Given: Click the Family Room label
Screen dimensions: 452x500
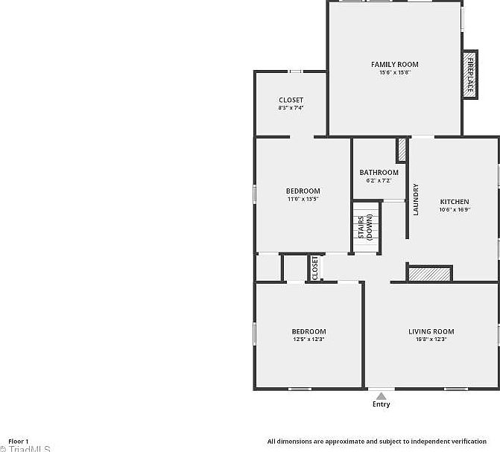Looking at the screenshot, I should coord(395,65).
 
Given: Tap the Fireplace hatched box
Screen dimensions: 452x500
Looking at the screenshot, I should coord(470,73).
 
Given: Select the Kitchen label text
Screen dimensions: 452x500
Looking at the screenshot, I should coord(454,202).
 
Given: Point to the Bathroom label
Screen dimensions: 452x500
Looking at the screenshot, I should coord(379,173).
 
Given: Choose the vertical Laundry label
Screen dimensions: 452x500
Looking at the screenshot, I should coord(416,200).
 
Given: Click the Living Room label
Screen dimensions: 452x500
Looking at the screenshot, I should coord(431,331).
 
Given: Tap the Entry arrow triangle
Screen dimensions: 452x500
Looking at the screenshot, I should coord(381,395).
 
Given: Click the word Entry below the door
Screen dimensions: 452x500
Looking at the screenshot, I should coord(381,404).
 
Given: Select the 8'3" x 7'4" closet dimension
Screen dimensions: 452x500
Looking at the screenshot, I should coord(291,108).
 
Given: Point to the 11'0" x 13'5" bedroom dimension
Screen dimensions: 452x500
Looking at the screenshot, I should coord(303,199).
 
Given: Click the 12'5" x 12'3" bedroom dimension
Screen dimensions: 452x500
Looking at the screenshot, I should coord(308,340).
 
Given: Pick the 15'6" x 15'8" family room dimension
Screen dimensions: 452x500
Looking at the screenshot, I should coord(395,72).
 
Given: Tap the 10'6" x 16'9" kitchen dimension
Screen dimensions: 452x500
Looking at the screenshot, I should coord(454,210).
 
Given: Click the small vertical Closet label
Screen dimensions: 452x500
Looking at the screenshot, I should coord(315,268).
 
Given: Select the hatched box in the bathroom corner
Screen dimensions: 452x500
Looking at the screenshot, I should coord(402,150).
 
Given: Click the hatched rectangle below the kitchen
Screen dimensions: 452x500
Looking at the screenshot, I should coord(430,274).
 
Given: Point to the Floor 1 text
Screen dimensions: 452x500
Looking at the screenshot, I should coord(19,441).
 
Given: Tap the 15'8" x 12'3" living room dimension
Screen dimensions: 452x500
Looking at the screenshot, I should coord(431,340).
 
